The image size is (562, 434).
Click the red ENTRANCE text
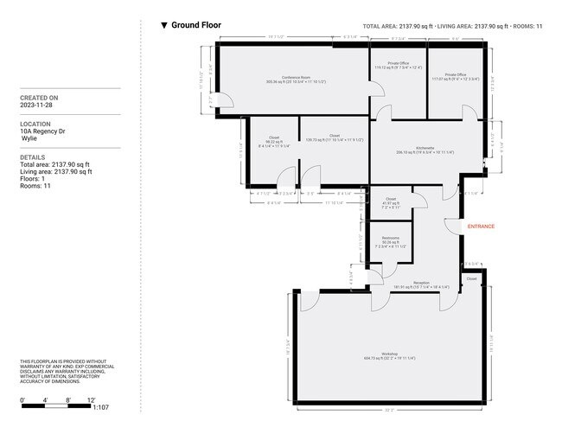click(481, 227)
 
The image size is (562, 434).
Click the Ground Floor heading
click(195, 26)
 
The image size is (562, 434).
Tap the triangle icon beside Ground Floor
click(164, 26)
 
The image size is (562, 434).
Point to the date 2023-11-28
click(38, 105)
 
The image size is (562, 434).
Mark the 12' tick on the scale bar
click(91, 400)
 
